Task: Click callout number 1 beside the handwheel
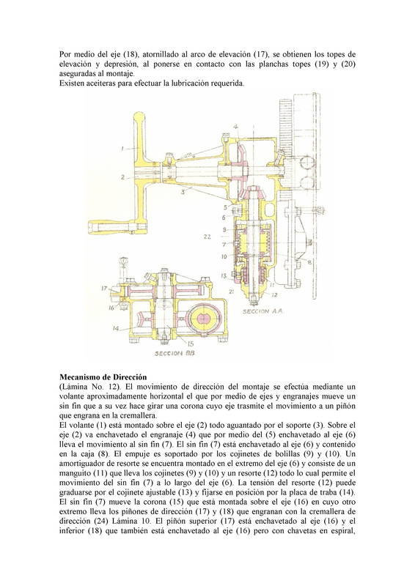(x=122, y=149)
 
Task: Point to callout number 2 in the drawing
(x=122, y=177)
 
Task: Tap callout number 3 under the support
(x=183, y=192)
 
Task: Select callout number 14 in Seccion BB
(x=116, y=328)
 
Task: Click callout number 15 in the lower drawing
(x=191, y=344)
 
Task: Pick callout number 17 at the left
(x=104, y=289)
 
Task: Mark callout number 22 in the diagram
(x=207, y=237)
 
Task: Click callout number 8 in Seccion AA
(x=309, y=262)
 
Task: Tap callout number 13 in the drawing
(x=224, y=276)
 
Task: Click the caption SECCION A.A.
(x=263, y=311)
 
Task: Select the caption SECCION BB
(x=175, y=353)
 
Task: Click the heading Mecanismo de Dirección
(x=103, y=377)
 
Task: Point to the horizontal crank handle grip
(x=111, y=227)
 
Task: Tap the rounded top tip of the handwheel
(x=139, y=116)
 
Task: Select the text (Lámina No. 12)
(x=89, y=387)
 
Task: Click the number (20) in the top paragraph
(x=348, y=64)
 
